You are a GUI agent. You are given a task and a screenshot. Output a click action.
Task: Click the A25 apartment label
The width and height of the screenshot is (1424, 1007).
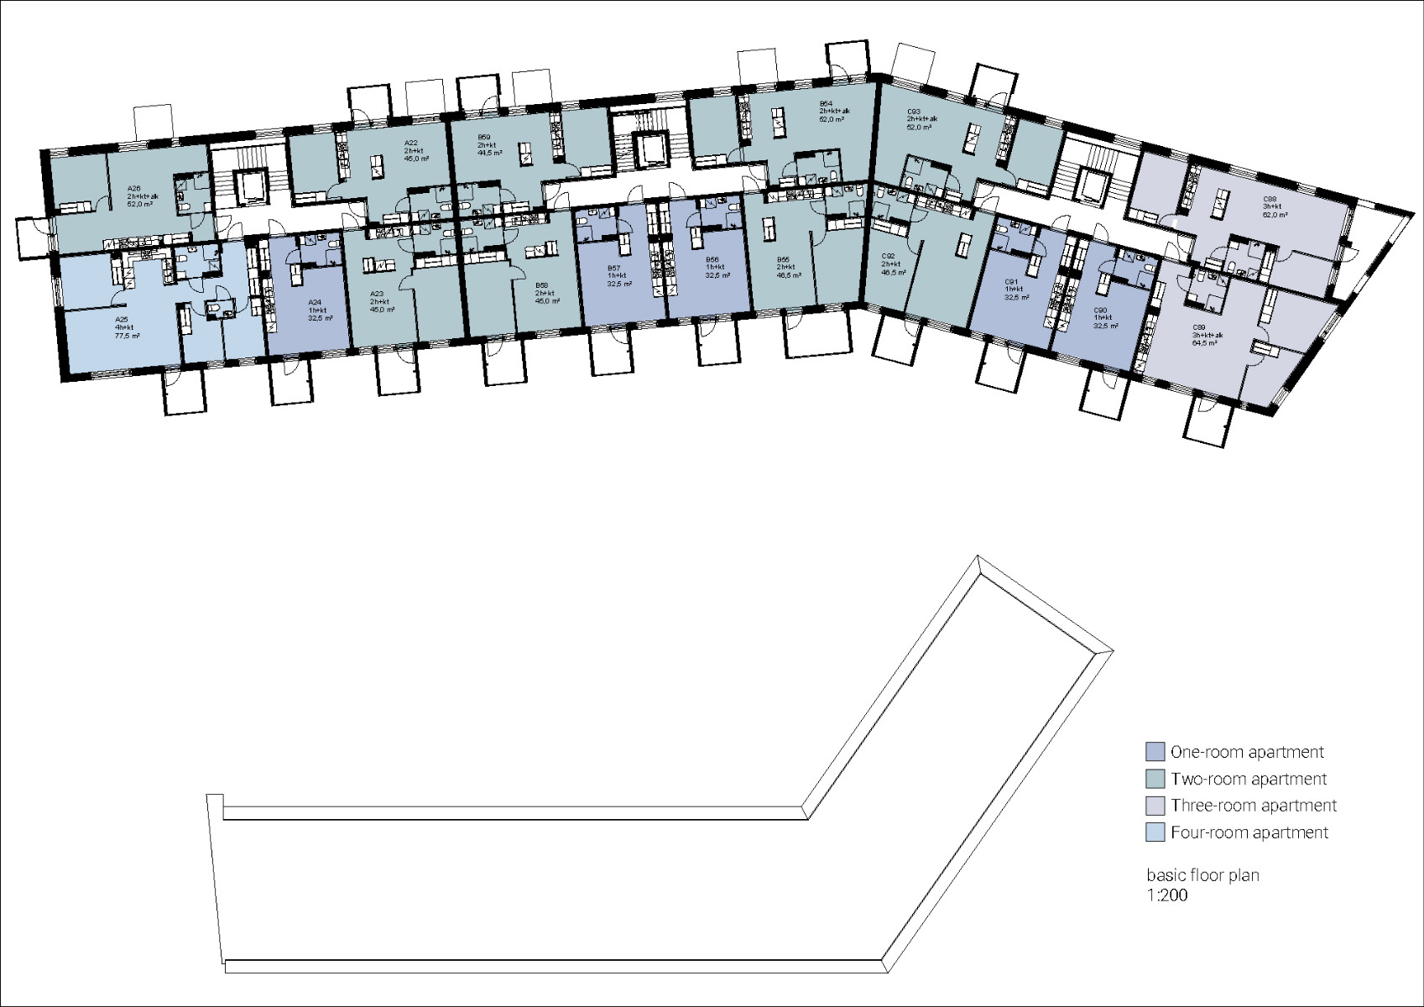point(122,320)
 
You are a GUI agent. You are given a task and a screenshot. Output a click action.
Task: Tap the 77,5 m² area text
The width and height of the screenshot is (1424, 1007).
point(127,336)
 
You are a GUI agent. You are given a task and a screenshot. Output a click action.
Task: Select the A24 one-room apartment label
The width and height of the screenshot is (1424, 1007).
point(315,302)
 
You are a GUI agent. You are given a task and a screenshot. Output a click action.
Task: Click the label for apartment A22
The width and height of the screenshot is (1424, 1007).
point(411,143)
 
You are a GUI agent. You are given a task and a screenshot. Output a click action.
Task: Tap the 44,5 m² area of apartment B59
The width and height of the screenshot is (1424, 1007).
point(489,154)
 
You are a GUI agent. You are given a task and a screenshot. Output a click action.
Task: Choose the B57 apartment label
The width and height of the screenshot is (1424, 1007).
point(613,268)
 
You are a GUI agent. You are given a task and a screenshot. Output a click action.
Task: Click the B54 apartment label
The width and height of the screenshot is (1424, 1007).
point(826,103)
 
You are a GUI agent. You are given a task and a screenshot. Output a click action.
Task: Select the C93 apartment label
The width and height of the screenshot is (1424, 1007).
point(915,112)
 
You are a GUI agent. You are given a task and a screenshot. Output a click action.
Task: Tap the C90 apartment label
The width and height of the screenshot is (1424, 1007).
point(1101,310)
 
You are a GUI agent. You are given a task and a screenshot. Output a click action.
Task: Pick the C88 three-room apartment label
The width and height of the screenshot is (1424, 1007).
point(1269,199)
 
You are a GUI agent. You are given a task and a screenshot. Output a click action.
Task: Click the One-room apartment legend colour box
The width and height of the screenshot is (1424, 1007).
point(1155,751)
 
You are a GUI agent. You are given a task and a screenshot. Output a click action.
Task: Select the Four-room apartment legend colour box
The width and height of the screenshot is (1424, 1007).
point(1155,832)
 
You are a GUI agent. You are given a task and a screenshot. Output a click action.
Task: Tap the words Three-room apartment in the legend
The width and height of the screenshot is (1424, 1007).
point(1253,806)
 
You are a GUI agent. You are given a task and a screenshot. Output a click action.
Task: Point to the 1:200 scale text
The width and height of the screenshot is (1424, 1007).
point(1167,895)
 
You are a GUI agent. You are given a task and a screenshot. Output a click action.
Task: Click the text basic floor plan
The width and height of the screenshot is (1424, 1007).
point(1202,875)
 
